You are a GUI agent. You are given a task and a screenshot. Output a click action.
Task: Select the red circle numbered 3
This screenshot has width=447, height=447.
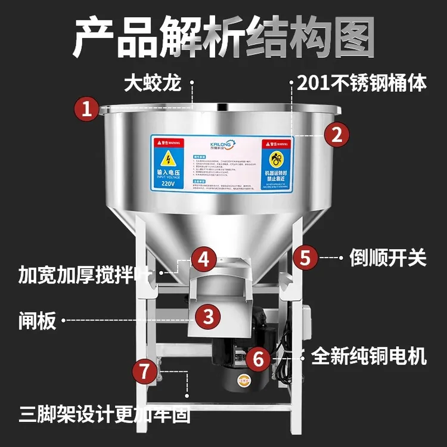tap(207, 316)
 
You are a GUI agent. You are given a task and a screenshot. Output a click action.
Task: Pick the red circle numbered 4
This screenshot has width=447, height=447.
tap(204, 259)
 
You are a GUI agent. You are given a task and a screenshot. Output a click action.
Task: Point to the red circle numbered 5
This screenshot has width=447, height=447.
tap(305, 257)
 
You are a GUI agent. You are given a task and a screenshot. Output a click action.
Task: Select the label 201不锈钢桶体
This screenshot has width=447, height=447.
tap(362, 83)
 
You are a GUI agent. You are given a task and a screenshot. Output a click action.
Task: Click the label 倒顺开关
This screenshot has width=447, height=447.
tap(383, 258)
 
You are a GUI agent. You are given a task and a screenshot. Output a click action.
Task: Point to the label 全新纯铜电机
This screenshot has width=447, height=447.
tap(369, 356)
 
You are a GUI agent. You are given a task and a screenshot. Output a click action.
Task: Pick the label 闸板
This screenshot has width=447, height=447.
tap(37, 321)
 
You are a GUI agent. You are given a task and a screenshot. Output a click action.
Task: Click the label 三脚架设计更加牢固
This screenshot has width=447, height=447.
tap(105, 414)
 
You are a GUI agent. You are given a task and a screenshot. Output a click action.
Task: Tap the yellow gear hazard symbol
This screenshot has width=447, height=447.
tap(277, 159)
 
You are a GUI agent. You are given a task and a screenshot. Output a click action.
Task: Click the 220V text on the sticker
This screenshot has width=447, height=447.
tap(168, 184)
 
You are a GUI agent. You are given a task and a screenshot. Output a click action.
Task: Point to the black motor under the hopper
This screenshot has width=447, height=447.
tap(238, 358)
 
